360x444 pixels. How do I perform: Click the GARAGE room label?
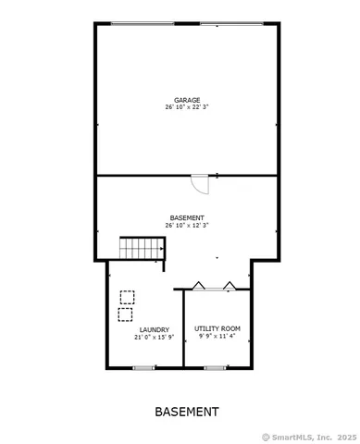(x=186, y=100)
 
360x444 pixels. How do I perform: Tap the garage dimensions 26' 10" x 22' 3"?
(x=186, y=107)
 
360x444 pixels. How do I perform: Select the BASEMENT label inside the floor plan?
(x=186, y=217)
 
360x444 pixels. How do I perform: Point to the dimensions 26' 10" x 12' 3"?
(x=186, y=225)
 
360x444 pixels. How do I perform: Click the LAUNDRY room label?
(x=154, y=330)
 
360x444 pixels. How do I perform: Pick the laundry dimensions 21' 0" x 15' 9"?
(x=154, y=338)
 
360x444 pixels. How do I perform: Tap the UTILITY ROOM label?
(x=217, y=329)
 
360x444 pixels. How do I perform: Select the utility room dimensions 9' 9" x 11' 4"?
(x=217, y=337)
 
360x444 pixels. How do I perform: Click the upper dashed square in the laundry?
(x=127, y=297)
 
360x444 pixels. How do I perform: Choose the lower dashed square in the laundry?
(x=125, y=314)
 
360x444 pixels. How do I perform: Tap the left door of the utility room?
(x=197, y=284)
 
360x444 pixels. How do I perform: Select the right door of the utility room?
(x=231, y=284)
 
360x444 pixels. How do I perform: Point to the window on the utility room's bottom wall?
(x=216, y=368)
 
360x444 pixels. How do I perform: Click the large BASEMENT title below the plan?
(x=186, y=412)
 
